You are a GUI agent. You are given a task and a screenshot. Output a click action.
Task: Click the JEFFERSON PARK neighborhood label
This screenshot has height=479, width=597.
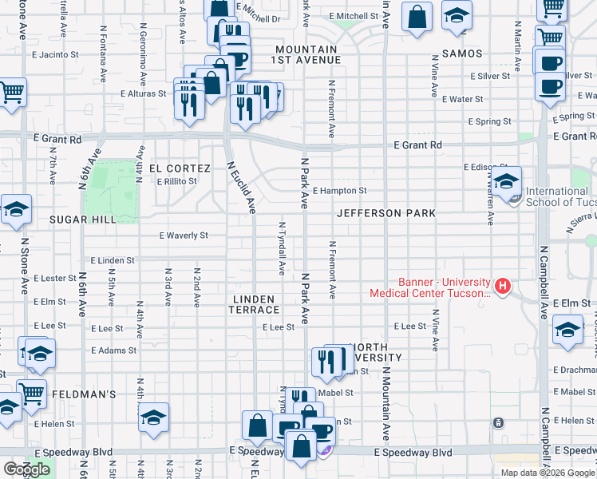(386, 213)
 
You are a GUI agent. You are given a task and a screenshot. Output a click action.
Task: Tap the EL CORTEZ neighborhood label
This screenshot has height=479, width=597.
(180, 168)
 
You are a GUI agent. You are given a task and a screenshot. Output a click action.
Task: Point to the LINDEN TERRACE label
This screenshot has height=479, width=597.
(254, 304)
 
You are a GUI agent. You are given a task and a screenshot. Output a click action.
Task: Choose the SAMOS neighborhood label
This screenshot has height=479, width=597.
(459, 53)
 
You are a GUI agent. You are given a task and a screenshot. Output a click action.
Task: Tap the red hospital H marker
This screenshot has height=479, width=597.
(503, 285)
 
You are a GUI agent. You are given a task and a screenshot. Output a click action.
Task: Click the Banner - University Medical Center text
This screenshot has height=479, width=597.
(431, 287)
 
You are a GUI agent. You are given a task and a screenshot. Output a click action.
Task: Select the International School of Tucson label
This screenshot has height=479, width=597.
(557, 196)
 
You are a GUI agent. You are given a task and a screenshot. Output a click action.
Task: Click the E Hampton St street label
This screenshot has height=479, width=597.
(339, 191)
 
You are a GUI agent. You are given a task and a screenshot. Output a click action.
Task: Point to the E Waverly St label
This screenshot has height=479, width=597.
(184, 236)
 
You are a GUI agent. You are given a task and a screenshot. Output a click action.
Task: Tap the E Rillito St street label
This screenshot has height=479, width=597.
(176, 181)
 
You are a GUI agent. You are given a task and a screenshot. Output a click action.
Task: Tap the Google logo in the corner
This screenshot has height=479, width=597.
(26, 469)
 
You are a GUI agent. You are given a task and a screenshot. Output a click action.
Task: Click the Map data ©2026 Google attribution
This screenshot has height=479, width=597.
(547, 473)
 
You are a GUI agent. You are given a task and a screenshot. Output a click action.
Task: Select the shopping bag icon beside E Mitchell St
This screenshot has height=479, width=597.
(417, 17)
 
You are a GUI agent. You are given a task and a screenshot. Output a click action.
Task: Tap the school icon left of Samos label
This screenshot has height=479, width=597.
(457, 17)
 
